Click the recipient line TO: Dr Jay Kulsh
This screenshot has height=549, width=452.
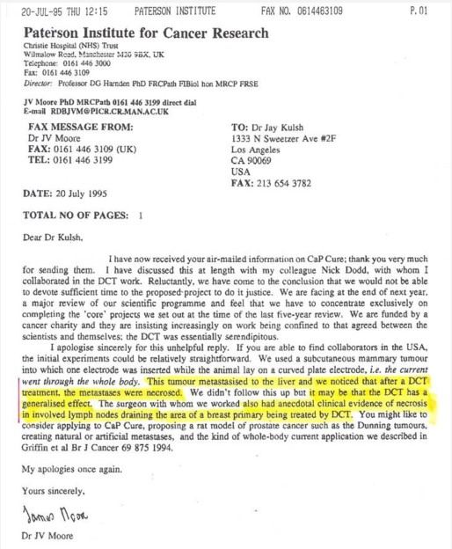pyautogui.click(x=276, y=127)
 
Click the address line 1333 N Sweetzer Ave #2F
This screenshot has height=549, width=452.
pyautogui.click(x=286, y=138)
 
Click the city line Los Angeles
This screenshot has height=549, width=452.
pyautogui.click(x=259, y=150)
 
